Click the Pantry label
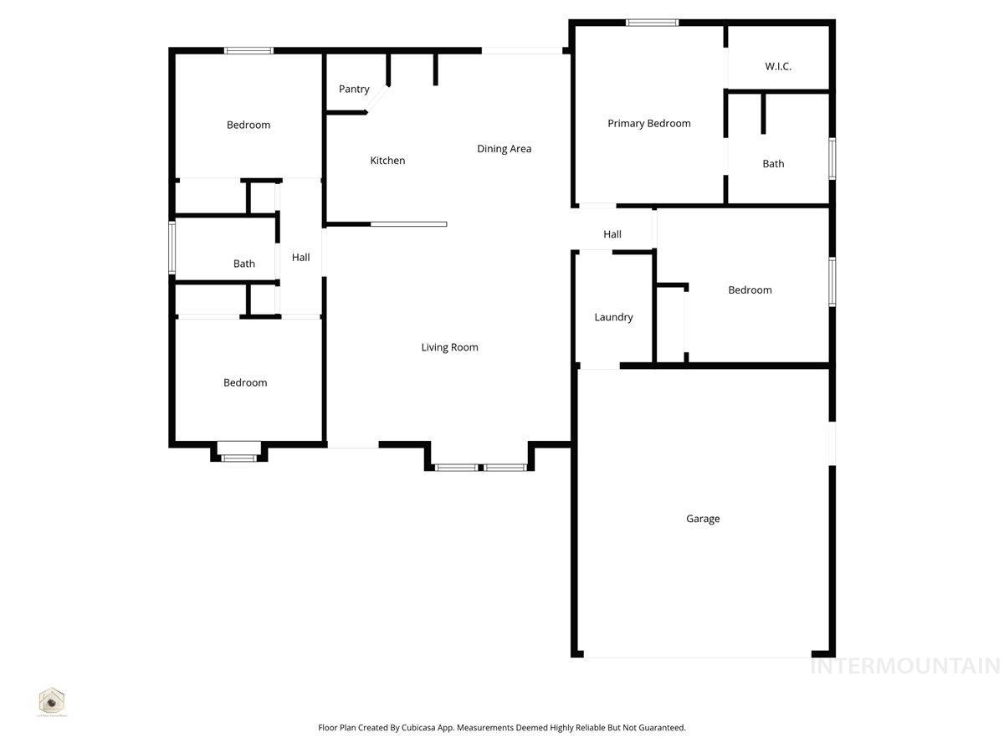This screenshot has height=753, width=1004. (354, 89)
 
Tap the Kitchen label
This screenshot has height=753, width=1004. (387, 160)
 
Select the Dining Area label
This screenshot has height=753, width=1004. (504, 149)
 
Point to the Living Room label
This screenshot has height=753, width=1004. (449, 347)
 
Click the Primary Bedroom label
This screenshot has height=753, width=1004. (648, 123)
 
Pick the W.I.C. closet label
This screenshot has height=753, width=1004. (777, 66)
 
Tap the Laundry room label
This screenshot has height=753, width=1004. (613, 317)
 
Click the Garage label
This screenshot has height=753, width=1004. (703, 519)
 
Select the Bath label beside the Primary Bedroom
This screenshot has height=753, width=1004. (773, 164)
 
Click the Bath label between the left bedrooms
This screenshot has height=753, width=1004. (243, 264)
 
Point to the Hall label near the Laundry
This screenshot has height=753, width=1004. (612, 234)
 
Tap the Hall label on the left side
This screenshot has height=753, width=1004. (300, 258)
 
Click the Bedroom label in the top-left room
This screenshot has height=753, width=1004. (248, 125)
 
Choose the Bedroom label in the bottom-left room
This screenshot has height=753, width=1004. (245, 382)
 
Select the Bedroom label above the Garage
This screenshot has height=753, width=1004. (750, 290)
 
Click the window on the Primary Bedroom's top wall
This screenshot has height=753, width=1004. (652, 23)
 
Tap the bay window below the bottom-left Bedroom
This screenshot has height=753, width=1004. (238, 457)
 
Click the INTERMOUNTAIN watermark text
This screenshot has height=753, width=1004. (905, 666)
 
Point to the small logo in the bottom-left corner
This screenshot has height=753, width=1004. (52, 701)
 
